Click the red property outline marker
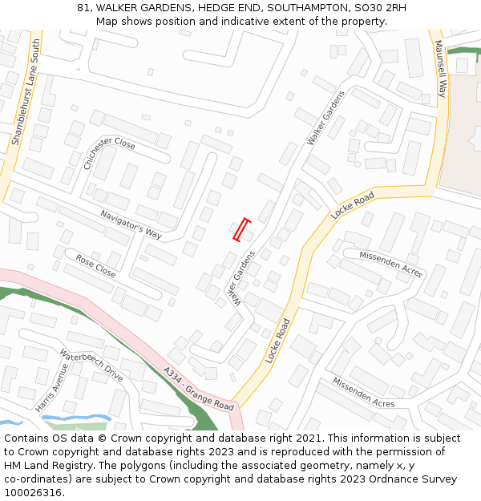click(242, 229)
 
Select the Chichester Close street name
click(110, 152)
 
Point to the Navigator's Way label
click(131, 224)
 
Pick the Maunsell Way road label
click(439, 71)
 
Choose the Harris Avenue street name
click(52, 388)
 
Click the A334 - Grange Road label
click(198, 389)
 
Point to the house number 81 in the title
click(83, 7)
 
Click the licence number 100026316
click(33, 493)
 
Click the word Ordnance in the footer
click(384, 479)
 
